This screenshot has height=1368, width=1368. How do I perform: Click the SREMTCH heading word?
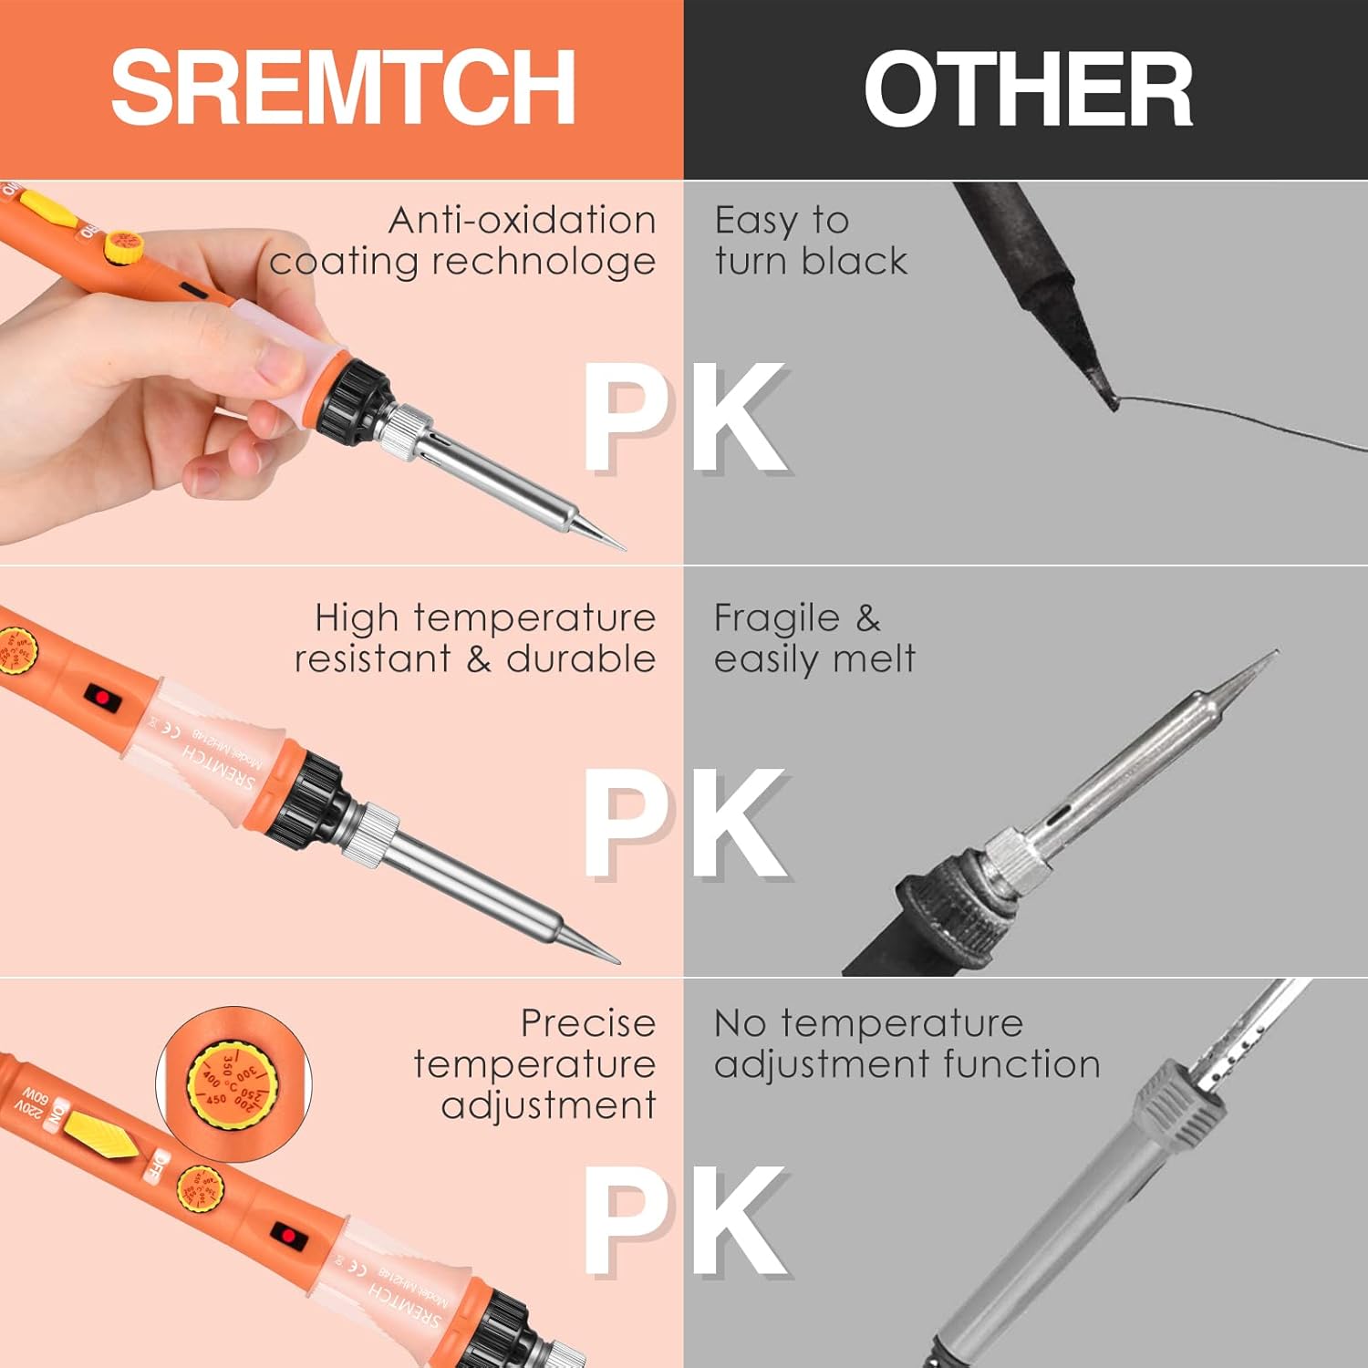pyautogui.click(x=343, y=88)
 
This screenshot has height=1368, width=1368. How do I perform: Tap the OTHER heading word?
pyautogui.click(x=1028, y=89)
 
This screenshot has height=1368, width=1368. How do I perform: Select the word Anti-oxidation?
pyautogui.click(x=522, y=221)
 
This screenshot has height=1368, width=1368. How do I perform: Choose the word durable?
pyautogui.click(x=581, y=658)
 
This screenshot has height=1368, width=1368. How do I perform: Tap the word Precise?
pyautogui.click(x=588, y=1023)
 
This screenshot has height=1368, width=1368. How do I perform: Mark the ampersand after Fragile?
pyautogui.click(x=868, y=618)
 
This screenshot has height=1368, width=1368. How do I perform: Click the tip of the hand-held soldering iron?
pyautogui.click(x=622, y=548)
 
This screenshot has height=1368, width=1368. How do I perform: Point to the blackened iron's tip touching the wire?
pyautogui.click(x=1112, y=399)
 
